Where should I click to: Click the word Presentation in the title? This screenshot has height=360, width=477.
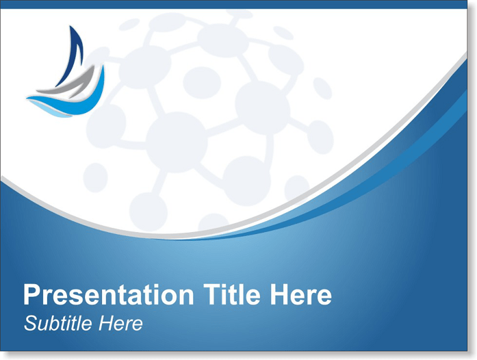[x=109, y=294]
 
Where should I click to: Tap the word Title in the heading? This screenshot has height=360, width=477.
[x=232, y=294]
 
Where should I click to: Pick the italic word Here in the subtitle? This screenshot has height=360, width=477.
[x=120, y=323]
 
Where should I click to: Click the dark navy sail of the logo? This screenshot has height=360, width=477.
[x=73, y=55]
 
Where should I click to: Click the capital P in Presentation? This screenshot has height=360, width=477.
[x=31, y=294]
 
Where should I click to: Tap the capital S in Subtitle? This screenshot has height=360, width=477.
[x=31, y=323]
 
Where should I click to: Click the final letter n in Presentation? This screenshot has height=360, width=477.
[x=187, y=297]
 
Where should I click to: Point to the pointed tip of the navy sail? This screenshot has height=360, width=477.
[x=70, y=26]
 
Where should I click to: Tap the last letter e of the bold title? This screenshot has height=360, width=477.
[x=324, y=297]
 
